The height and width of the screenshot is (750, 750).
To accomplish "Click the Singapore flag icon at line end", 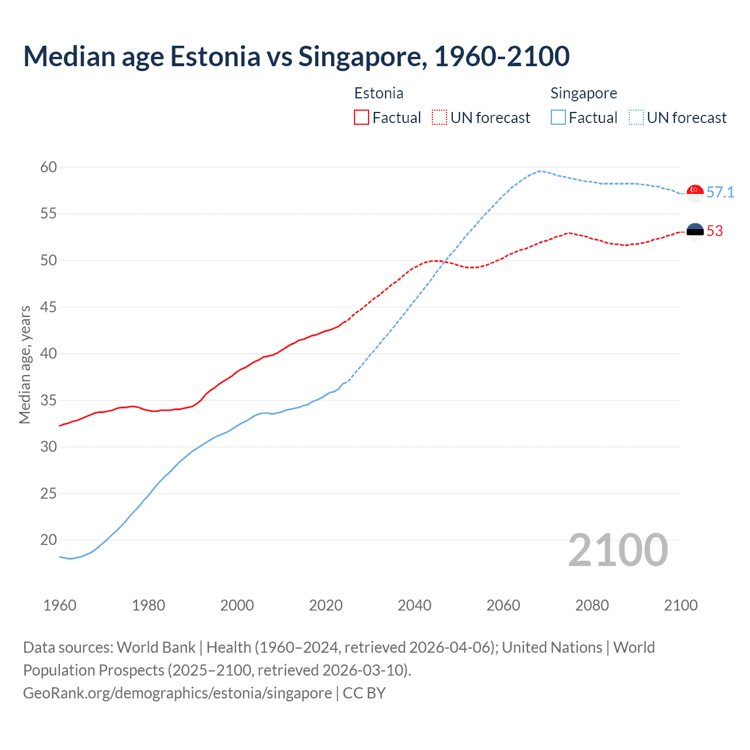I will pyautogui.click(x=695, y=193).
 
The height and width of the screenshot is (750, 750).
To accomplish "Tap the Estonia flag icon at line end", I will pyautogui.click(x=695, y=231).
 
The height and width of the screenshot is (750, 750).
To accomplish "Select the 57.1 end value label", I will pyautogui.click(x=720, y=192).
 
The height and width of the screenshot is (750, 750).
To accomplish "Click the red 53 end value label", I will pyautogui.click(x=714, y=231).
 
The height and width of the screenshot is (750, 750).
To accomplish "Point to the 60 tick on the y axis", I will pyautogui.click(x=49, y=167).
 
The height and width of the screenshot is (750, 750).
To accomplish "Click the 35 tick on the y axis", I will pyautogui.click(x=49, y=400).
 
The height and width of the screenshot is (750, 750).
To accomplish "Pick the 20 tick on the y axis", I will pyautogui.click(x=49, y=540).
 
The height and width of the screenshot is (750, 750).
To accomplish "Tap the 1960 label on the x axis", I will pyautogui.click(x=60, y=605).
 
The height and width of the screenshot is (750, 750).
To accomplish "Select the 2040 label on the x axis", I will pyautogui.click(x=414, y=605).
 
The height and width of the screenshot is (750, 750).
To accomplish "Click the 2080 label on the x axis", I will pyautogui.click(x=592, y=605).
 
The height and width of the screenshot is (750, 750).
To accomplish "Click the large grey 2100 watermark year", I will pyautogui.click(x=618, y=550).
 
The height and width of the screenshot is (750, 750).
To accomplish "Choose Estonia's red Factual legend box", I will pyautogui.click(x=362, y=117).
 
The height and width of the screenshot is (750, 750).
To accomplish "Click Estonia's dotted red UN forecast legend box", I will pyautogui.click(x=439, y=117).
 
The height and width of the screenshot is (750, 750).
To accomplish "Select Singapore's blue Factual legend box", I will pyautogui.click(x=558, y=117).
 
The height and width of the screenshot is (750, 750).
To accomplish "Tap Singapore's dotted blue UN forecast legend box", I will pyautogui.click(x=636, y=117).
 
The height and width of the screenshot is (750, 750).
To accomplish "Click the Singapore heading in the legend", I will pyautogui.click(x=584, y=93).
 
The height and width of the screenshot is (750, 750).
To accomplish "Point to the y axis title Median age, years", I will pyautogui.click(x=25, y=364).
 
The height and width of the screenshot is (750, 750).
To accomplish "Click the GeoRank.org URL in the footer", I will pyautogui.click(x=178, y=693).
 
